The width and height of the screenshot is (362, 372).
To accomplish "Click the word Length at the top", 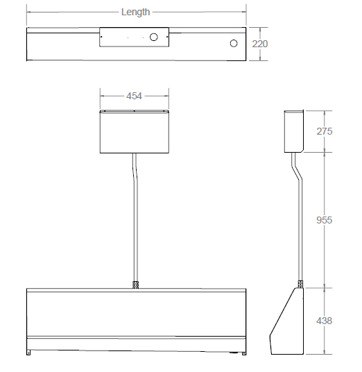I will (135, 12).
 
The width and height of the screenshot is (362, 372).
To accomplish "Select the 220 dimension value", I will (260, 44).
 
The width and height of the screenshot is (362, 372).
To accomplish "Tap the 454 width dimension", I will (135, 96).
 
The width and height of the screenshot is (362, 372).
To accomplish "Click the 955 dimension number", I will (324, 220).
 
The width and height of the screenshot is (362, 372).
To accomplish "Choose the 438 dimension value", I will (324, 321).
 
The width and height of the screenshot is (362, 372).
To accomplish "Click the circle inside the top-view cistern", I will (155, 37).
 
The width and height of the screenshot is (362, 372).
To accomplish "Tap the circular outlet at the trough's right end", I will (234, 44).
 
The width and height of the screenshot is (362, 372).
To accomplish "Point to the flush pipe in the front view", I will (135, 222).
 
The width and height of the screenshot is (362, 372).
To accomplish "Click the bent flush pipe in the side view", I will (299, 222).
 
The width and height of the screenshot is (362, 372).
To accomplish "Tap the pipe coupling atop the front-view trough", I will (135, 285).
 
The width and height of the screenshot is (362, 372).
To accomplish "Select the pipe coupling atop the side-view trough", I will (300, 283).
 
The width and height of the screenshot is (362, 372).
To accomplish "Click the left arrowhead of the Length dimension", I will (29, 12).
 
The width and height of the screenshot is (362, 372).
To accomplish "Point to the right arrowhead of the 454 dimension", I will (167, 96).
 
